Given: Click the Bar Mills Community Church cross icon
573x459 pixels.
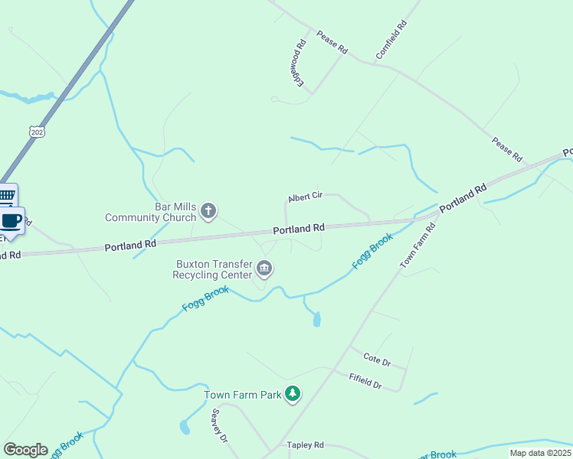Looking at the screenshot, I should click(208, 210).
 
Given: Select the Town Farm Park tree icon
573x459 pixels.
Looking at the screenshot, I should click(292, 394).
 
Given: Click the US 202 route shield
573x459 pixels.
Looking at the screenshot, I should click(38, 132).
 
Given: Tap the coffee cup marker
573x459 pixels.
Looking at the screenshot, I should click(11, 221).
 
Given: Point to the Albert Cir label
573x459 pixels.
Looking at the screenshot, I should click(306, 197).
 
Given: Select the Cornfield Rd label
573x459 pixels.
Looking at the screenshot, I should click(391, 41).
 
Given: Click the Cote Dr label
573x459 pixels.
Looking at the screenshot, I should click(377, 359).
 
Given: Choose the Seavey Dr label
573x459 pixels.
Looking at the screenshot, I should click(219, 425).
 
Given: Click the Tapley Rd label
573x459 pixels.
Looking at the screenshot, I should click(306, 444).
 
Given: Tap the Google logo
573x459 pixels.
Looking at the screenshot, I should click(25, 450).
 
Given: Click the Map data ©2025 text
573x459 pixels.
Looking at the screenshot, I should click(540, 453).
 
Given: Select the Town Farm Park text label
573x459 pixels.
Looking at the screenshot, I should click(242, 395).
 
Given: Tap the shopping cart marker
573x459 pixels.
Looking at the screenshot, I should click(7, 196).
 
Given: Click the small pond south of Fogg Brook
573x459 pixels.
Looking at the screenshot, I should click(317, 318).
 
